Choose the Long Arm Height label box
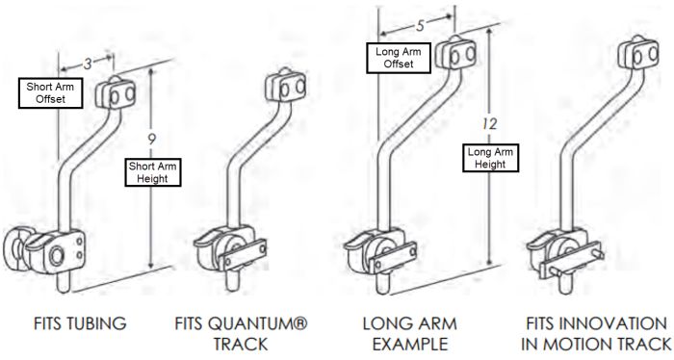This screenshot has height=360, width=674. pos(490,158)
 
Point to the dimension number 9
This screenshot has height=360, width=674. pos(151,139)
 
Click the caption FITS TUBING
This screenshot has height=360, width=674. pos(80,324)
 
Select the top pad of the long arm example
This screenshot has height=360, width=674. pos(459,57)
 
